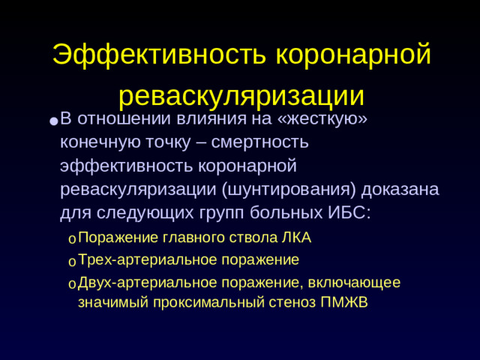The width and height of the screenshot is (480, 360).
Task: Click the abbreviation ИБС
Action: click(x=349, y=212)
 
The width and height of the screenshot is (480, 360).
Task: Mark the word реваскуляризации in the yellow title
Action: click(x=241, y=95)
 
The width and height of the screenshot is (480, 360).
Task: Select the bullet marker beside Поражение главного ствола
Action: click(x=70, y=240)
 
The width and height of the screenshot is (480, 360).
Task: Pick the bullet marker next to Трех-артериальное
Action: click(x=70, y=262)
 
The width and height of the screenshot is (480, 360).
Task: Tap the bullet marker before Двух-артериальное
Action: click(x=70, y=284)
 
